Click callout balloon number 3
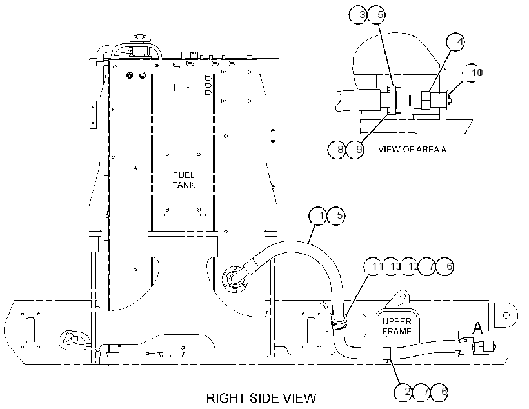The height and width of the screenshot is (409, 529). (x=358, y=15)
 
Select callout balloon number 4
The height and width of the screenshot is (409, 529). (x=455, y=42)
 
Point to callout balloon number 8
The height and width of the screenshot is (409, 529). (x=337, y=149)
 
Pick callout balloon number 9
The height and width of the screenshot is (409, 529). (x=355, y=149)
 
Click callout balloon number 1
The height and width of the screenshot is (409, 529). (x=319, y=215)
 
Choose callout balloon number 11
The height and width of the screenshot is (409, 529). (x=373, y=266)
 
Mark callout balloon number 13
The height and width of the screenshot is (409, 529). (x=391, y=266)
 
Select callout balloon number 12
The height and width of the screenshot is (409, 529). (x=409, y=266)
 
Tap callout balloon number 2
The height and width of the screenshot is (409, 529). (x=404, y=392)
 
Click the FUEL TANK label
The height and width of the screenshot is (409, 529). (x=184, y=180)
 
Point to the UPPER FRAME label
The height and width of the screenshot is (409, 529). (x=397, y=326)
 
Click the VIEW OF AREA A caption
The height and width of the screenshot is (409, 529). (x=412, y=149)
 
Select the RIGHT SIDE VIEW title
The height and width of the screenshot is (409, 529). (x=261, y=398)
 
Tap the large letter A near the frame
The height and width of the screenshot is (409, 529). (x=477, y=327)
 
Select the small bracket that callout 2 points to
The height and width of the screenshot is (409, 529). (x=386, y=354)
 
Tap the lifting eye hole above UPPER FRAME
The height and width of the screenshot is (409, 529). (x=403, y=296)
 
